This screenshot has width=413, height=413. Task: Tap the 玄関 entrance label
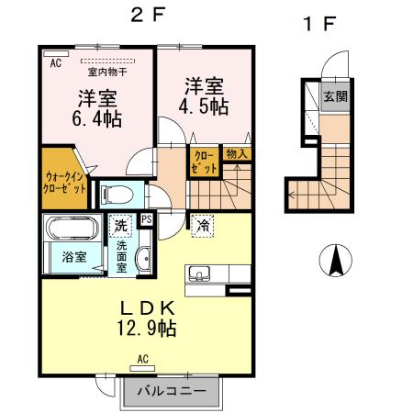click(x=334, y=96)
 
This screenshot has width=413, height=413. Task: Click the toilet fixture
click(x=115, y=195)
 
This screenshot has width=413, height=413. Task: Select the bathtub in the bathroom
click(x=73, y=229)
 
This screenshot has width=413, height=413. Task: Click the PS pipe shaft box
click(x=145, y=219)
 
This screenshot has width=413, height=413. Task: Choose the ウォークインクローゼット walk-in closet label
click(x=64, y=180)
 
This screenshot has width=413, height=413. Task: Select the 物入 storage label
click(x=236, y=154)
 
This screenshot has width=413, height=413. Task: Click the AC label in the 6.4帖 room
click(x=54, y=62)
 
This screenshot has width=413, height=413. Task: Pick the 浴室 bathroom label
click(x=74, y=258)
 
